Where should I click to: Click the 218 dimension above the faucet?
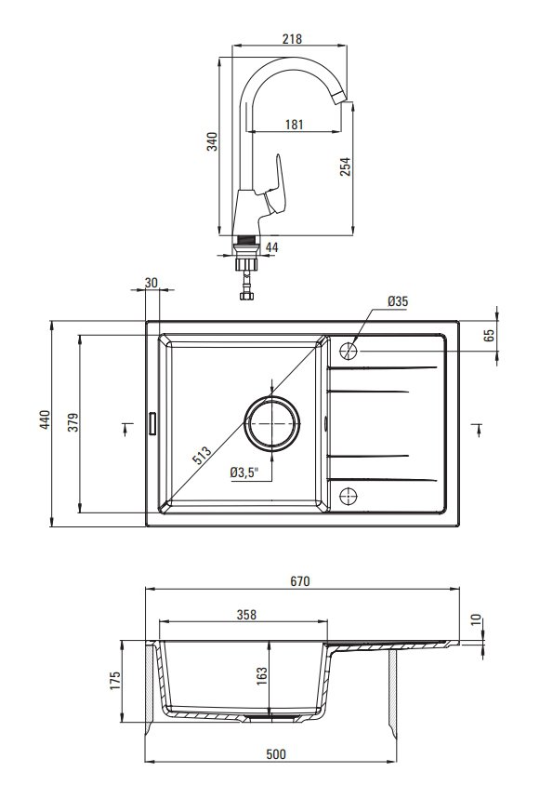tap(292, 38)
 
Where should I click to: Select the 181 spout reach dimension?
tap(295, 124)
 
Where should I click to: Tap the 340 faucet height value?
tap(213, 141)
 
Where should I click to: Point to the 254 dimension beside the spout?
tap(346, 166)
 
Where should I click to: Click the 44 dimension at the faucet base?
tap(272, 246)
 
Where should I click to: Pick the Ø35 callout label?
tap(398, 300)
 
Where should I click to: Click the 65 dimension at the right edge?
tap(489, 335)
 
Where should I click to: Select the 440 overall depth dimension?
tap(45, 419)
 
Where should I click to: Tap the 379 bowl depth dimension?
tap(73, 422)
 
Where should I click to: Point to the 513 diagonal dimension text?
tap(202, 455)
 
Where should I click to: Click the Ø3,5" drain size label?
tap(244, 472)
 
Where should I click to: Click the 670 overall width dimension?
tap(300, 581)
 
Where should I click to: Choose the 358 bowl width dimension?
tap(246, 614)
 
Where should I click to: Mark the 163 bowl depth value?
tap(262, 677)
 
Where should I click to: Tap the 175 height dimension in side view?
tap(115, 682)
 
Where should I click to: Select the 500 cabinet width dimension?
tap(276, 754)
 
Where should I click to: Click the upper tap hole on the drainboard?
tap(349, 351)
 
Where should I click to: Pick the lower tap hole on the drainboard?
tap(349, 496)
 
